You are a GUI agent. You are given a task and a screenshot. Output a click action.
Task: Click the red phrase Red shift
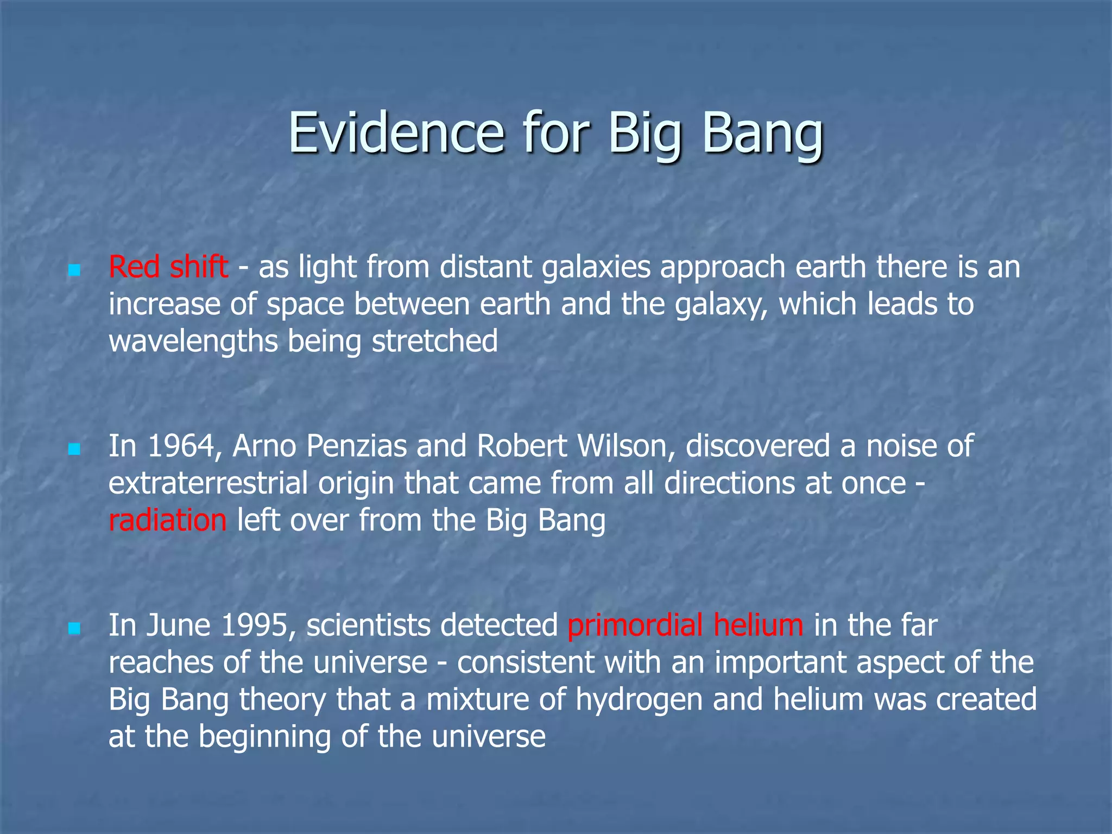click(x=168, y=267)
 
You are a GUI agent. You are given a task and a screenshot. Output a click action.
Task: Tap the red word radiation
click(x=167, y=520)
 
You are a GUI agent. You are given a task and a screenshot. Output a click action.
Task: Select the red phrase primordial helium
click(x=685, y=625)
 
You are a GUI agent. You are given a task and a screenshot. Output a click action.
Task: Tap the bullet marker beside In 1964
click(x=75, y=449)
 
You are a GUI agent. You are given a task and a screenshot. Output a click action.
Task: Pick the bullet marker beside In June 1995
click(x=75, y=628)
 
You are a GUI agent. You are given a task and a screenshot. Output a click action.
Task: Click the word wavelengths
click(x=193, y=342)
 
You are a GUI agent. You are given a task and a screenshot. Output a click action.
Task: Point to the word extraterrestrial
click(x=208, y=483)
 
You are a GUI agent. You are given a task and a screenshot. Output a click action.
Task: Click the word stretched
click(x=434, y=342)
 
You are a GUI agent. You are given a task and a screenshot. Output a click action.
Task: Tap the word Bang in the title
click(x=762, y=133)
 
